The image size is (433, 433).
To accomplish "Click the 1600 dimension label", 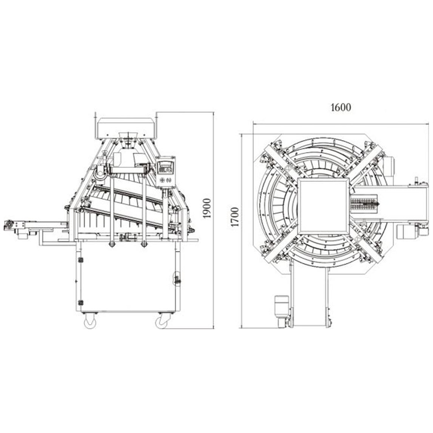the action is click(x=341, y=107).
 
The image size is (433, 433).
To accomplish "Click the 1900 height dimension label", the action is click(x=207, y=208).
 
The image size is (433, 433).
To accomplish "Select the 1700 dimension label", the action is click(x=234, y=217).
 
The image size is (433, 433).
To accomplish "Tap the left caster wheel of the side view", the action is click(x=90, y=322).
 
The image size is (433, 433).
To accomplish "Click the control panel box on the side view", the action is click(x=165, y=172).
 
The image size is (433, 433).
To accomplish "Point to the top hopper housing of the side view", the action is click(x=126, y=128).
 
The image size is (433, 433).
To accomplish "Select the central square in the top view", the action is click(x=323, y=206).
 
